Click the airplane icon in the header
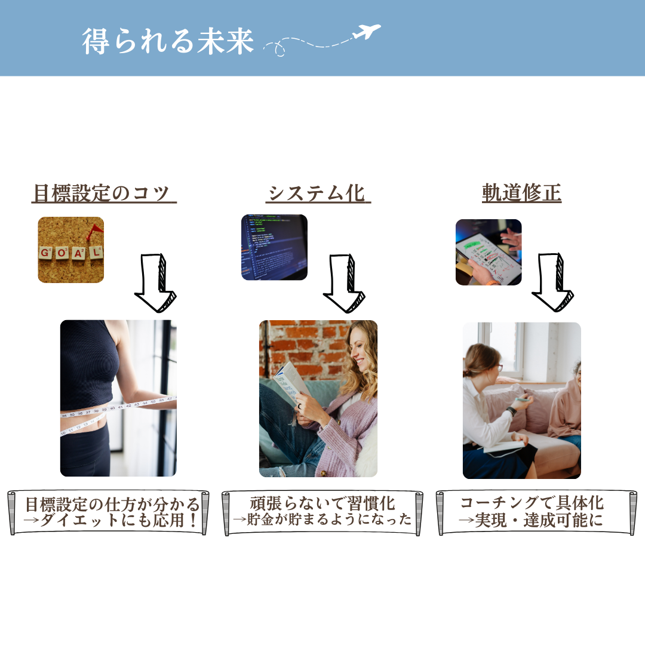[367, 32]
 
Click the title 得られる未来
[168, 41]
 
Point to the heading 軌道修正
[521, 193]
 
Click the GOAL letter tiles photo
[70, 250]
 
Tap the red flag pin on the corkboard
[94, 232]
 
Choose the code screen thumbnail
[274, 247]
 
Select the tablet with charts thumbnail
[489, 252]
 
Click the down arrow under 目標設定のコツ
[155, 283]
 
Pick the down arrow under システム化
[344, 284]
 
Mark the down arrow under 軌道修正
[552, 282]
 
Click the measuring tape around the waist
[118, 413]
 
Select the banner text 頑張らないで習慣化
[322, 503]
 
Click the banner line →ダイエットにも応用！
[110, 520]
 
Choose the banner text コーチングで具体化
[532, 503]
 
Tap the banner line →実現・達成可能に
[531, 520]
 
